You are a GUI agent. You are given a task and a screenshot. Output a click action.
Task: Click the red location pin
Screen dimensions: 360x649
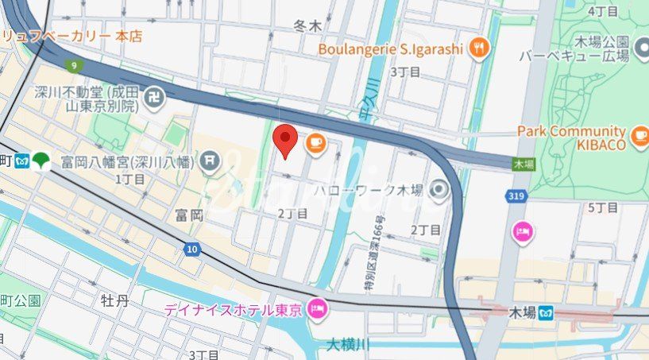285,140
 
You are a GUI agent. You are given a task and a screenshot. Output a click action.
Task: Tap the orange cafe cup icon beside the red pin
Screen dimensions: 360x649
315,142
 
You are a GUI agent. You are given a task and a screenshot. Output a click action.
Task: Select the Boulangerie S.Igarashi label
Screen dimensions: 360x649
390,48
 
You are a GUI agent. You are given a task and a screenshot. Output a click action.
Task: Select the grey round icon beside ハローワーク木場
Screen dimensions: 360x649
438,191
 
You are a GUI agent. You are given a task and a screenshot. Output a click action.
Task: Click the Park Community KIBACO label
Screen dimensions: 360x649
572,137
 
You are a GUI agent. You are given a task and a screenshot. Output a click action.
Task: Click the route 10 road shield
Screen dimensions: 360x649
192,250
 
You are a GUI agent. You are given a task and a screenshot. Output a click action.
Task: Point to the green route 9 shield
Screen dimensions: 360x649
72,65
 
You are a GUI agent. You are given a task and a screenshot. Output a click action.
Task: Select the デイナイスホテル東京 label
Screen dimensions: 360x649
233,309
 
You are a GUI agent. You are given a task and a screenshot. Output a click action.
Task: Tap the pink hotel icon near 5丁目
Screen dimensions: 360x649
523,232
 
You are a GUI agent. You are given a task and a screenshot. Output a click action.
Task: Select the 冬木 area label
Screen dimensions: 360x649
307,26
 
